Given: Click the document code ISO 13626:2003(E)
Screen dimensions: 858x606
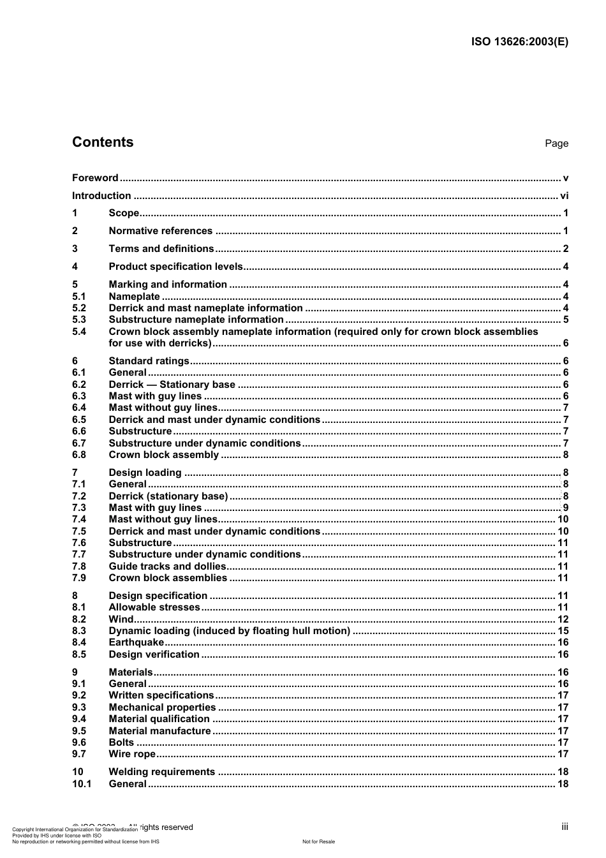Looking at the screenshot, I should pos(519,42).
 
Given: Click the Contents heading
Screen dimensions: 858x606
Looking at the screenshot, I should pos(103,142).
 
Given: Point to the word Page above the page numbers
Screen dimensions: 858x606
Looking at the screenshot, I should pos(556,144).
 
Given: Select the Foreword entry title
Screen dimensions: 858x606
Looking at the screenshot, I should pos(95,178).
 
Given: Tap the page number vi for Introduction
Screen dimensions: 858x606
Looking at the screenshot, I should pos(564,196).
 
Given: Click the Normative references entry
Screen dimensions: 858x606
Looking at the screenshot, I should pos(160,231).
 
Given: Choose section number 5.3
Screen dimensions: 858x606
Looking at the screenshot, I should pos(79,320).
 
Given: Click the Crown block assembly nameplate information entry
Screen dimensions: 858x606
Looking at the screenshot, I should pos(323,332).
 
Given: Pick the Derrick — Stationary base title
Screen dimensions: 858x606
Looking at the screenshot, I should pos(172,385).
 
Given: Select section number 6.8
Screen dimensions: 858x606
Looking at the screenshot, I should pos(79,455).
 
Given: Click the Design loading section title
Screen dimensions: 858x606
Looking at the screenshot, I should pos(145,473).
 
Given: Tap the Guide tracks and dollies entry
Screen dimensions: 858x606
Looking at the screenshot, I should pos(167,566).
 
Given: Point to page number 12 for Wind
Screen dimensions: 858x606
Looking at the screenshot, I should pos(563,619).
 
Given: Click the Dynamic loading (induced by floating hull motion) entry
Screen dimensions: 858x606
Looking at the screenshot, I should pos(229,631).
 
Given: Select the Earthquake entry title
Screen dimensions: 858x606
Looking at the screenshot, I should pos(136,642).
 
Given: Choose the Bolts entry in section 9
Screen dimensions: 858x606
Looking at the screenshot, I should pos(121,743).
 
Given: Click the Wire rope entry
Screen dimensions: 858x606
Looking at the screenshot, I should pos(132,754).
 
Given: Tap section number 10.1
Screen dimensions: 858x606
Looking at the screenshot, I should pos(82,784).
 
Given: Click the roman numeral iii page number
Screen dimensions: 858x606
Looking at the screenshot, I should pos(565,827).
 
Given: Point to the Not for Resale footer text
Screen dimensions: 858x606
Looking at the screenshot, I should pos(318,841).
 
